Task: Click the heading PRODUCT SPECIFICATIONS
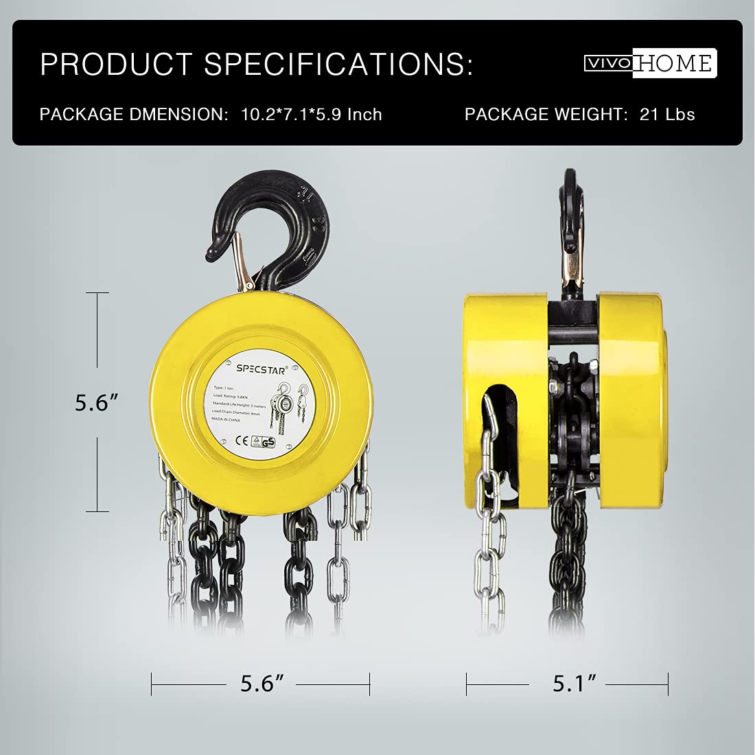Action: [x=256, y=64]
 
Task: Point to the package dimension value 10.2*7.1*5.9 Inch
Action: [x=311, y=114]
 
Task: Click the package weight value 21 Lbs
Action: [x=667, y=114]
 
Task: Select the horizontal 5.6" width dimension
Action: [x=262, y=683]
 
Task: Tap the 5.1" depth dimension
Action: [x=574, y=683]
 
